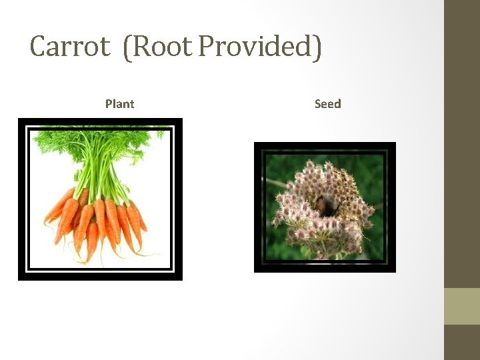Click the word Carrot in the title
(x=69, y=47)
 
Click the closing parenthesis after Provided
(x=317, y=48)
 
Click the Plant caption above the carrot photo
(x=119, y=104)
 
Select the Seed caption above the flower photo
(x=327, y=104)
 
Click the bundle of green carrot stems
(x=101, y=177)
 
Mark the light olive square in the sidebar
(x=462, y=306)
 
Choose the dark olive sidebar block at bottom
(x=462, y=342)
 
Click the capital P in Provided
(x=207, y=47)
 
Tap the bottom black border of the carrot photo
(x=100, y=277)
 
